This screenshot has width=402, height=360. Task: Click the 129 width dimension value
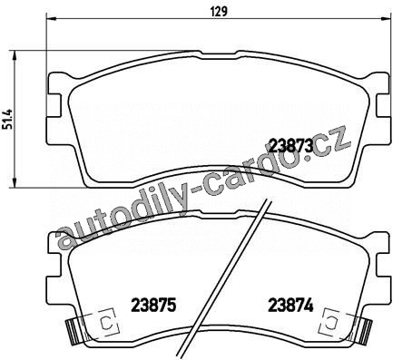[x=219, y=12]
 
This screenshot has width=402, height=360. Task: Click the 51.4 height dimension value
[x=8, y=119]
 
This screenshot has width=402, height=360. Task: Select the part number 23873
[x=290, y=147]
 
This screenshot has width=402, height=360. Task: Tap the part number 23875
[x=153, y=305]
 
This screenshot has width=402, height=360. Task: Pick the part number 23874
[x=290, y=305]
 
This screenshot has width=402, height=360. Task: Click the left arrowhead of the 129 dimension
[x=52, y=19]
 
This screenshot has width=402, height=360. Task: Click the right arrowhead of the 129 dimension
[x=386, y=19]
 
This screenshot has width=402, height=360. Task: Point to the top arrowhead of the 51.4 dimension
[x=14, y=55]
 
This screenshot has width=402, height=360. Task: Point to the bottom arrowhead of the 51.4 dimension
[x=14, y=183]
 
